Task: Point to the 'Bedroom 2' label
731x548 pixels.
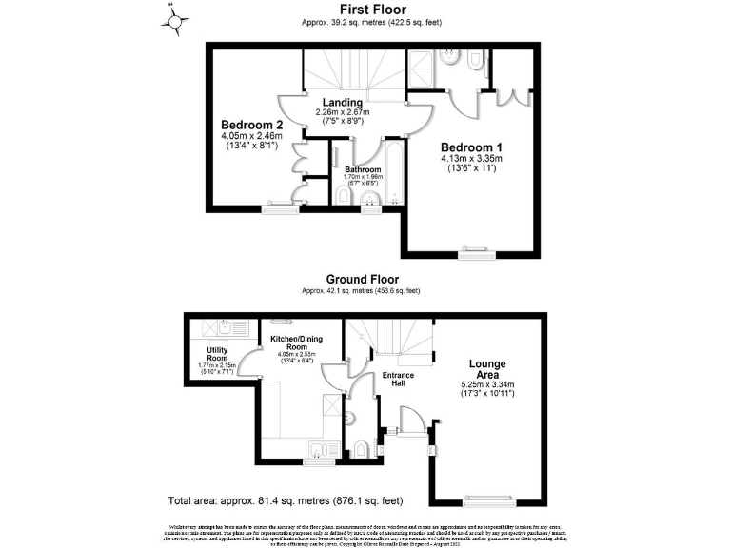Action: tap(252, 125)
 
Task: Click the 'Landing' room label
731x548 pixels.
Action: tap(341, 102)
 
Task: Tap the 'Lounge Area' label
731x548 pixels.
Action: tap(486, 370)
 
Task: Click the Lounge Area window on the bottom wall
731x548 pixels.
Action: tap(490, 498)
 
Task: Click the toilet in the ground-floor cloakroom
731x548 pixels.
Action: tap(360, 448)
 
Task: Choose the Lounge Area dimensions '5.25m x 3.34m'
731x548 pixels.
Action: tap(486, 385)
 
